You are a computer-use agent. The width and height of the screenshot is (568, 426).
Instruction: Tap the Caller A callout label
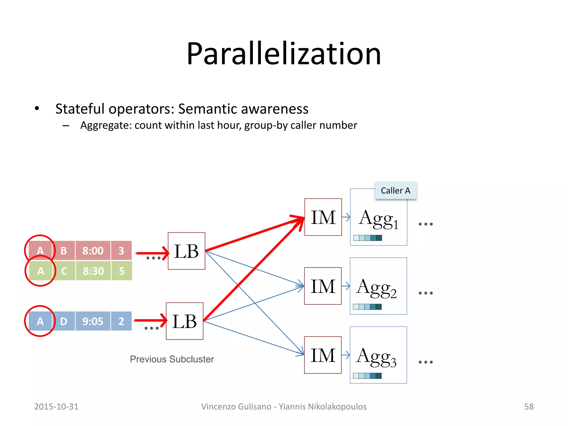click(395, 191)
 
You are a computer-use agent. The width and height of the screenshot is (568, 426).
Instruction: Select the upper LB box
click(186, 251)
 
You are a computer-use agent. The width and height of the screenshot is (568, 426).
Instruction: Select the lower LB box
click(184, 321)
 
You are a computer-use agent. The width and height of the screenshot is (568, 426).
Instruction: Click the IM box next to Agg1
click(323, 217)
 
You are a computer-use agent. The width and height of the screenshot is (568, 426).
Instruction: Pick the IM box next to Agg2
click(323, 286)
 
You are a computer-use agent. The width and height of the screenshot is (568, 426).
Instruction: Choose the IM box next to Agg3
click(323, 355)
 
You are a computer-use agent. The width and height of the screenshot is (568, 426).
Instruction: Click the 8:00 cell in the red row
click(93, 251)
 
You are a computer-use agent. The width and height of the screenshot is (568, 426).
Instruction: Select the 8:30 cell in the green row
click(93, 271)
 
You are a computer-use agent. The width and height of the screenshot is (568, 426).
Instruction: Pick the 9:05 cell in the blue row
click(93, 321)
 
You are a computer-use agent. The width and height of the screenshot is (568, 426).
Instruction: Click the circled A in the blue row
click(40, 321)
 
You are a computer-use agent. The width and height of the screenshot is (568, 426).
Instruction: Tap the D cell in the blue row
click(64, 321)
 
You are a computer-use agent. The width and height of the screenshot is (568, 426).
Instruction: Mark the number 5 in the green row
click(121, 271)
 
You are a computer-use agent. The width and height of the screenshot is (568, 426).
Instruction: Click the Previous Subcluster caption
click(172, 359)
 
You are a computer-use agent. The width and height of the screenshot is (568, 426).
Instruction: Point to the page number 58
click(529, 407)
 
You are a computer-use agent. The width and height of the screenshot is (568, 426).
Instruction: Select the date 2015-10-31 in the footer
click(56, 407)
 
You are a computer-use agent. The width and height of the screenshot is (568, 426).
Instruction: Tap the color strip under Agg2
click(367, 307)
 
